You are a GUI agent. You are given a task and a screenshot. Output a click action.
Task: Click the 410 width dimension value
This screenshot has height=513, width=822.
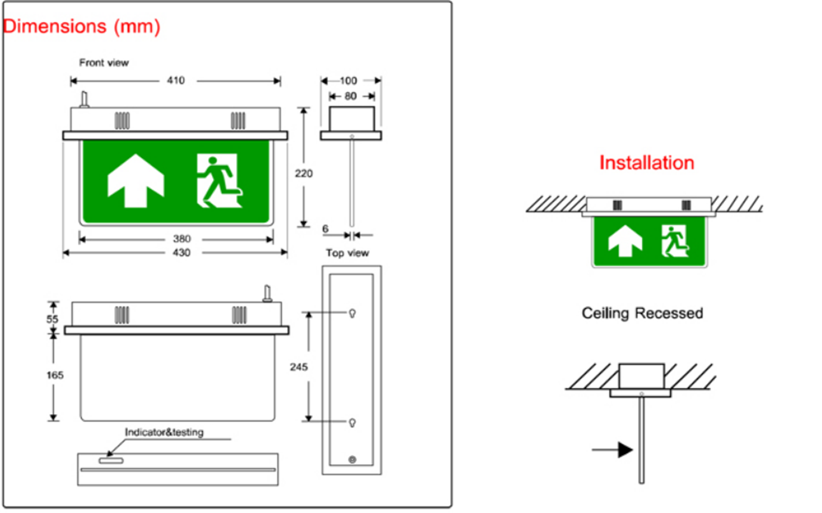[x=176, y=80]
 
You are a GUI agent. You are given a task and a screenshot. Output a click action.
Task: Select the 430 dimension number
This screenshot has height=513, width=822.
[x=182, y=253]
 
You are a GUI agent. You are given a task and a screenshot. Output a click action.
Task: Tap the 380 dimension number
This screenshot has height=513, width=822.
[x=182, y=239]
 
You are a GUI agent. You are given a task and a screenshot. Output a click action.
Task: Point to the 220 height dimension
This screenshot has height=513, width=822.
[x=304, y=173]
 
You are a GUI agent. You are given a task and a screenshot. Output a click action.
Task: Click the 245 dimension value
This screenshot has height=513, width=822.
[x=298, y=367]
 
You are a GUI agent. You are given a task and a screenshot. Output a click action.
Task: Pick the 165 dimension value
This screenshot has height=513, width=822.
[x=55, y=375]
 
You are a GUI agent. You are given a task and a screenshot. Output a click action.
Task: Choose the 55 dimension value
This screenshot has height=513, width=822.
[x=52, y=319]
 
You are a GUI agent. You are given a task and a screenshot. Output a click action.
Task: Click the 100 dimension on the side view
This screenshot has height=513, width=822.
[x=348, y=80]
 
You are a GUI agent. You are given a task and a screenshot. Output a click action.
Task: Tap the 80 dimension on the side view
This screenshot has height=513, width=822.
[x=350, y=96]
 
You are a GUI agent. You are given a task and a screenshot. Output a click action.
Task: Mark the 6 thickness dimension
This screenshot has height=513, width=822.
[x=325, y=229]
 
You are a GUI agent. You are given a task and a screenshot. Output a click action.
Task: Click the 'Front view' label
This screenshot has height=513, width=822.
[x=104, y=63]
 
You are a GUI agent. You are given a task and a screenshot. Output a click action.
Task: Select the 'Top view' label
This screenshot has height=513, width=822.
[x=347, y=253]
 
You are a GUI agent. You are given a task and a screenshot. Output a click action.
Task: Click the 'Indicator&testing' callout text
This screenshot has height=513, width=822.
[x=164, y=433]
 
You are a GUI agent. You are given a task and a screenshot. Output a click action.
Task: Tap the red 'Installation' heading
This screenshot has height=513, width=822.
[x=647, y=163]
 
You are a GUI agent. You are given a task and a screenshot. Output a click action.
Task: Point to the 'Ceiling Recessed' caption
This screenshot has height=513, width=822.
[x=642, y=313]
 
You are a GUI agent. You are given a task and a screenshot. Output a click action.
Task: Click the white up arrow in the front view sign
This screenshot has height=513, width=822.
[x=136, y=181]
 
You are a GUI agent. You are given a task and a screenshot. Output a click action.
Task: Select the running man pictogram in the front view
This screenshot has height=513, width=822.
[x=219, y=181]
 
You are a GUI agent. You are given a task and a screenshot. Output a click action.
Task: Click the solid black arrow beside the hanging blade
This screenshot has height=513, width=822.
[x=612, y=450]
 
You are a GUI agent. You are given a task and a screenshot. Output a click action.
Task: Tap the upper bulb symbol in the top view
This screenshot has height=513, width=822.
[x=352, y=313]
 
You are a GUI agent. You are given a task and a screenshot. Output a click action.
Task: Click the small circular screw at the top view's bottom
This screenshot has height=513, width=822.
[x=352, y=459]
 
